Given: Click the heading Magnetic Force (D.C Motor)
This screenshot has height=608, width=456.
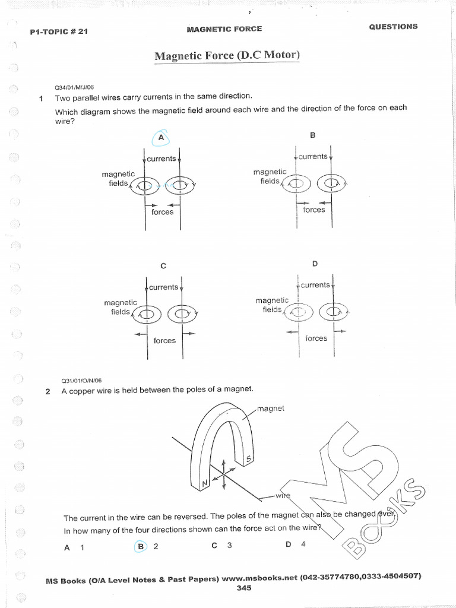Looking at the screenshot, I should click(x=227, y=56).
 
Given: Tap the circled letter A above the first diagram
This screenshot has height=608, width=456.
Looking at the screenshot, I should click(x=160, y=138).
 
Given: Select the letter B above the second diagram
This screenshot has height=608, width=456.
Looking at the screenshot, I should click(x=313, y=135).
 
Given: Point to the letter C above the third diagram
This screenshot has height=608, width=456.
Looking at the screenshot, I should click(x=163, y=266).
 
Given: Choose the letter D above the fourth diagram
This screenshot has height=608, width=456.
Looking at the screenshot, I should click(x=315, y=263).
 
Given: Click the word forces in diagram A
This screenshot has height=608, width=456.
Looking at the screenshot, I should click(x=162, y=212).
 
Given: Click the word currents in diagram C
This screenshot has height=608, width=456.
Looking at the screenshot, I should click(x=163, y=287).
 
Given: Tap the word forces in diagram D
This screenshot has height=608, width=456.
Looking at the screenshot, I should click(x=316, y=338).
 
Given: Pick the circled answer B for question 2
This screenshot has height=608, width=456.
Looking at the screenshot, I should click(x=141, y=547).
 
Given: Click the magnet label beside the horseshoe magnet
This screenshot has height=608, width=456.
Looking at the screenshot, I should click(x=271, y=408).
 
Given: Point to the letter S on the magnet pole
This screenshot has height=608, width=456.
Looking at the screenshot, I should click(x=249, y=458).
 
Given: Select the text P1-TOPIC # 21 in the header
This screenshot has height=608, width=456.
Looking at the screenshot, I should click(x=59, y=31).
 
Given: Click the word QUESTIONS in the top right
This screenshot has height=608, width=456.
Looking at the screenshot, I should click(x=393, y=27).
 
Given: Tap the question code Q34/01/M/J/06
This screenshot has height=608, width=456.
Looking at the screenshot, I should click(x=70, y=86).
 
